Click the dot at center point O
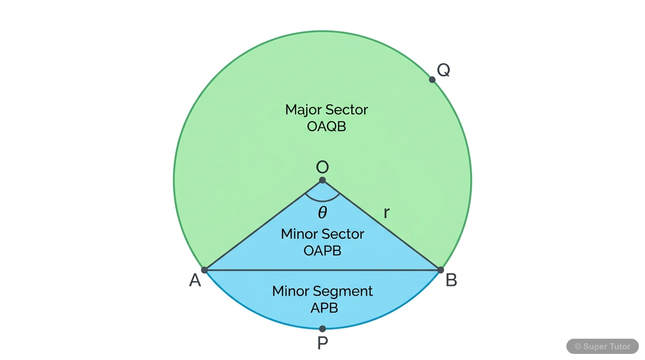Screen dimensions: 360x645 pyautogui.click(x=322, y=180)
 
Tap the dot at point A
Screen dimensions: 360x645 pyautogui.click(x=204, y=270)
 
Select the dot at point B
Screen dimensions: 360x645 pyautogui.click(x=441, y=270)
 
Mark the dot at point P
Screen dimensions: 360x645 pyautogui.click(x=322, y=329)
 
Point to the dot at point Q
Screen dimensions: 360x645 pyautogui.click(x=432, y=80)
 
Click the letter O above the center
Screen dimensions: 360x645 pyautogui.click(x=322, y=167)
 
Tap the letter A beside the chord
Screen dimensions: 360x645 pyautogui.click(x=195, y=280)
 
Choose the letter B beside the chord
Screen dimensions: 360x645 pyautogui.click(x=451, y=280)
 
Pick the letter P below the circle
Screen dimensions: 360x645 pyautogui.click(x=322, y=344)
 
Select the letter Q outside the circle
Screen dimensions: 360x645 pyautogui.click(x=443, y=70)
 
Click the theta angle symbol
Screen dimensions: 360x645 pyautogui.click(x=322, y=213)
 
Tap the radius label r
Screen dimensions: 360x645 pyautogui.click(x=386, y=213)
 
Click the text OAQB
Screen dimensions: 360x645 pyautogui.click(x=326, y=127)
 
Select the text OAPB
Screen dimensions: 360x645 pyautogui.click(x=322, y=251)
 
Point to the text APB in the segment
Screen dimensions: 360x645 pyautogui.click(x=324, y=308)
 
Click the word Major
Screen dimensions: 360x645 pyautogui.click(x=303, y=110)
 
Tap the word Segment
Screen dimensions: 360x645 pyautogui.click(x=343, y=292)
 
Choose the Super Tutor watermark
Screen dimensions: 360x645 pyautogui.click(x=602, y=346)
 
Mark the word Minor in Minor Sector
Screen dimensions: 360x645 pyautogui.click(x=299, y=234)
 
